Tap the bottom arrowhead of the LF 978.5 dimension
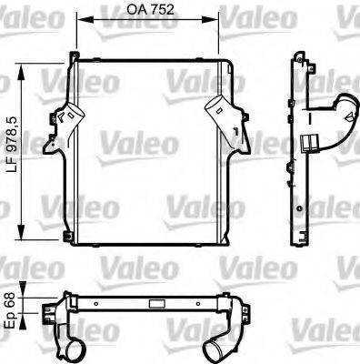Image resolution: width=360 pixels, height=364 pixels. coord(21,243)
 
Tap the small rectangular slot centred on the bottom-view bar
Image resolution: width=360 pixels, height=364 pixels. coord(145,304)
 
